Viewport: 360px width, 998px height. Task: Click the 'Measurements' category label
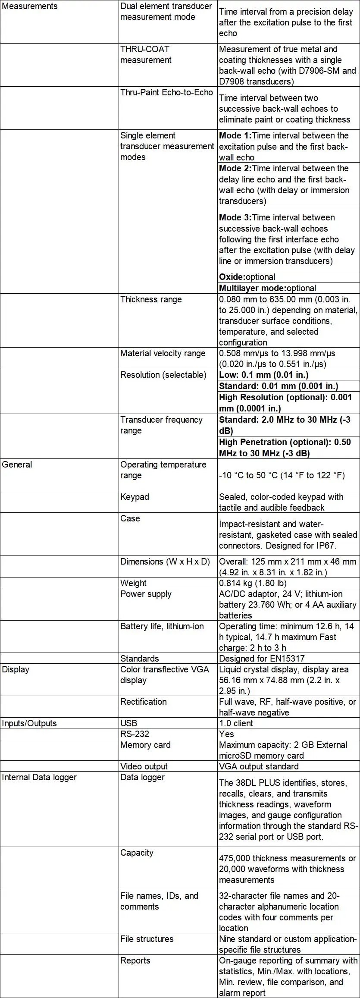29,6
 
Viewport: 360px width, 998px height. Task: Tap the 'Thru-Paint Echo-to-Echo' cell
166,92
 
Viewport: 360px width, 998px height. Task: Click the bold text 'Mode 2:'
235,168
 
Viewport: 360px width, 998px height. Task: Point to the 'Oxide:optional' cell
247,277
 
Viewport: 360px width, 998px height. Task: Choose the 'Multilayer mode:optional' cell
267,288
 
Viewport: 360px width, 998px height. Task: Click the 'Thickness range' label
151,299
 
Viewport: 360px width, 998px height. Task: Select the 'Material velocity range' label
163,353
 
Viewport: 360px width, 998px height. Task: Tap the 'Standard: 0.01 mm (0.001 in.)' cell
279,386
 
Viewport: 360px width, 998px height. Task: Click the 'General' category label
17,464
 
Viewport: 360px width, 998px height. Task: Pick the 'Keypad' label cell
135,497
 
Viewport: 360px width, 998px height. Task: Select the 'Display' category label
16,669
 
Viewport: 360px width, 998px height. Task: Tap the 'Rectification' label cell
143,702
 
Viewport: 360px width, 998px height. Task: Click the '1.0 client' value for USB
236,723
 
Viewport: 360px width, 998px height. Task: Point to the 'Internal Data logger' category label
39,777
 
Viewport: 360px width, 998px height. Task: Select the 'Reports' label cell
135,960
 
